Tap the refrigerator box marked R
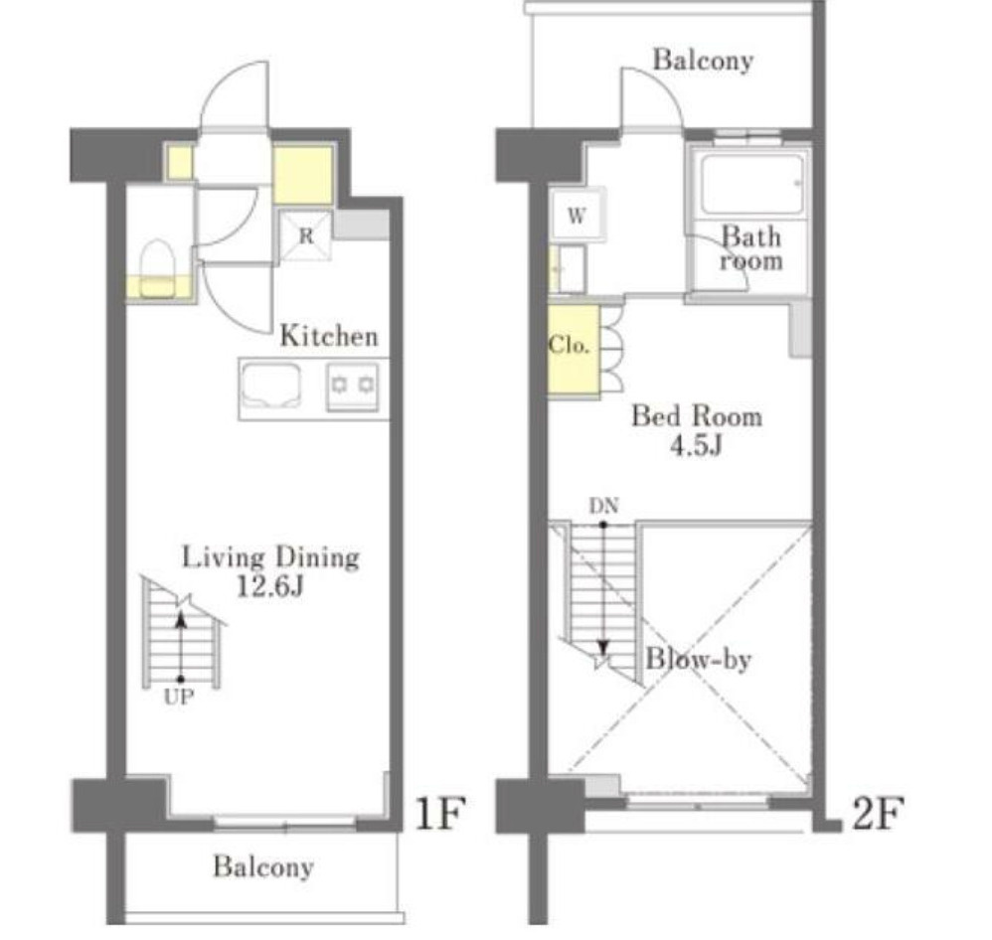pyautogui.click(x=306, y=235)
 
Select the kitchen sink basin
pyautogui.click(x=271, y=386)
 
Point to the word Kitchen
pyautogui.click(x=329, y=336)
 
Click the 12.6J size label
pyautogui.click(x=270, y=586)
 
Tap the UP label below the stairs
pyautogui.click(x=179, y=698)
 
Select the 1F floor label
pyautogui.click(x=441, y=813)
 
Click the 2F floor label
pyautogui.click(x=878, y=813)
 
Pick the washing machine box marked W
pyautogui.click(x=577, y=215)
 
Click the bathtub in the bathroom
pyautogui.click(x=751, y=184)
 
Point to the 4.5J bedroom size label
pyautogui.click(x=696, y=445)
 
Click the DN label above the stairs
pyautogui.click(x=604, y=506)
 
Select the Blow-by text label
pyautogui.click(x=698, y=659)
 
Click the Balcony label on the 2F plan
pyautogui.click(x=703, y=60)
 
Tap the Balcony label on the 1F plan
pyautogui.click(x=263, y=866)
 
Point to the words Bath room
pyautogui.click(x=751, y=248)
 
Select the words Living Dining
pyautogui.click(x=270, y=557)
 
